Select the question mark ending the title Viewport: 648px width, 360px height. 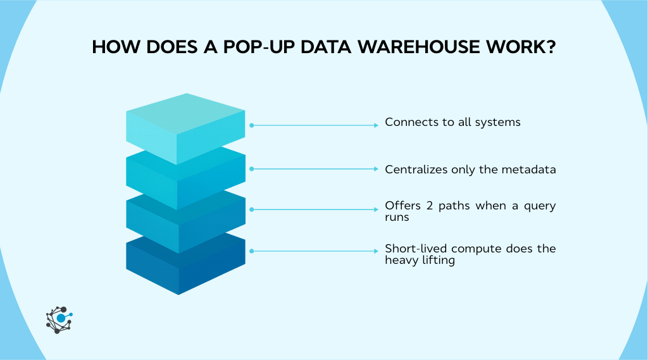(550, 47)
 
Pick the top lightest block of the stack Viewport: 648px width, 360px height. (185, 127)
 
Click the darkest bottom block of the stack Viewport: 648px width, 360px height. (185, 266)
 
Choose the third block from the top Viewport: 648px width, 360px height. (185, 221)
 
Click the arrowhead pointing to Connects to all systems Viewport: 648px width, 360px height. (376, 125)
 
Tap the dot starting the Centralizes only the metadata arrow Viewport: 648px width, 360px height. (252, 169)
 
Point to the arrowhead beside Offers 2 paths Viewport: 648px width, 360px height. (376, 209)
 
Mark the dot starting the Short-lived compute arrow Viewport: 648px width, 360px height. (252, 251)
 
